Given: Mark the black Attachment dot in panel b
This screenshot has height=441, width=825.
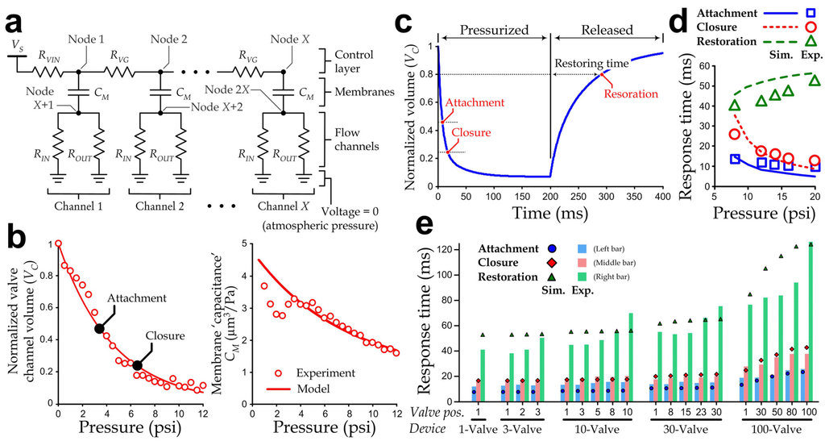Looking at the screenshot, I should (x=99, y=328).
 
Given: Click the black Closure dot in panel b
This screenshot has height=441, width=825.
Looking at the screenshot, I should (x=137, y=365).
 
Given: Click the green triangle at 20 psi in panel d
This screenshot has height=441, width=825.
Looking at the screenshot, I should (x=815, y=81).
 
